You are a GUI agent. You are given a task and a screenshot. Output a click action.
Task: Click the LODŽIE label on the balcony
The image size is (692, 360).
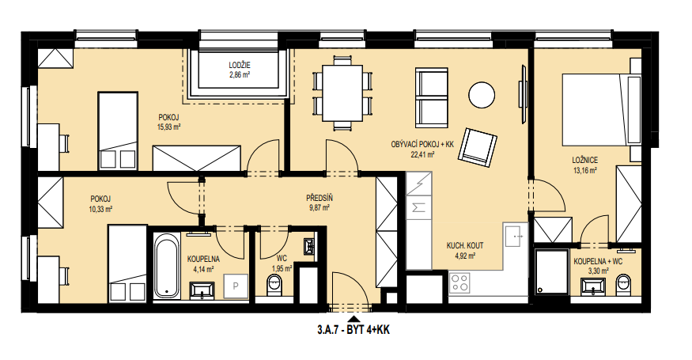(x=240, y=66)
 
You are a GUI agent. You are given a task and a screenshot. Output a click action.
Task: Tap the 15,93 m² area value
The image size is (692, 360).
(x=169, y=127)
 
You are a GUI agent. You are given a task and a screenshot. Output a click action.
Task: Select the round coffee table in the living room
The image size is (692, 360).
(x=482, y=94)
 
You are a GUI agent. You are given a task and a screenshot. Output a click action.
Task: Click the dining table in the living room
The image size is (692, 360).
(x=342, y=93)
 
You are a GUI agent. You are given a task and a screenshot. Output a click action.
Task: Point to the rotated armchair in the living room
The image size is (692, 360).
(x=478, y=147)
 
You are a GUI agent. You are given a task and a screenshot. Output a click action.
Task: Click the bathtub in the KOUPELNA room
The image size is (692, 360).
(x=167, y=267)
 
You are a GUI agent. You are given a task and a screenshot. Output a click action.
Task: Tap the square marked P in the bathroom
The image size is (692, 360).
(x=235, y=286)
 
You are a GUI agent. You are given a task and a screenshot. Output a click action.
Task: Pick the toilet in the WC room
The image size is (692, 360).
(x=274, y=284)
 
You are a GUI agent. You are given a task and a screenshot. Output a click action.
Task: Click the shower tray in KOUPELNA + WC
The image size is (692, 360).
(x=551, y=271)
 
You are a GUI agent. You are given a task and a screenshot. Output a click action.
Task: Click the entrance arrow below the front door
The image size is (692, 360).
(x=353, y=319)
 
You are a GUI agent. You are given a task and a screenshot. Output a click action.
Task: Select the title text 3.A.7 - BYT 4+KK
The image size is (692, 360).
(x=353, y=329)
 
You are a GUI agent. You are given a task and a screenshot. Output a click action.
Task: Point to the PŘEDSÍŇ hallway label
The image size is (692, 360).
(x=320, y=198)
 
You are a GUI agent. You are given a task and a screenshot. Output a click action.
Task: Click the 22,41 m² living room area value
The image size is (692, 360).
(x=422, y=154)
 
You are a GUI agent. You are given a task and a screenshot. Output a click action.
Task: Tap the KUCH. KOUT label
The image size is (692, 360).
(x=465, y=245)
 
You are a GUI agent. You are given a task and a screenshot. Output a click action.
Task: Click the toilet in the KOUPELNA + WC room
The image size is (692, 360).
(x=623, y=284)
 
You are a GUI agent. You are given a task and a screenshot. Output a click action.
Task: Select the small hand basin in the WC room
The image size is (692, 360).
(x=310, y=247)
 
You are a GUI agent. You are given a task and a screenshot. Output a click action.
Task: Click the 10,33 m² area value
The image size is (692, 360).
(x=100, y=209)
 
